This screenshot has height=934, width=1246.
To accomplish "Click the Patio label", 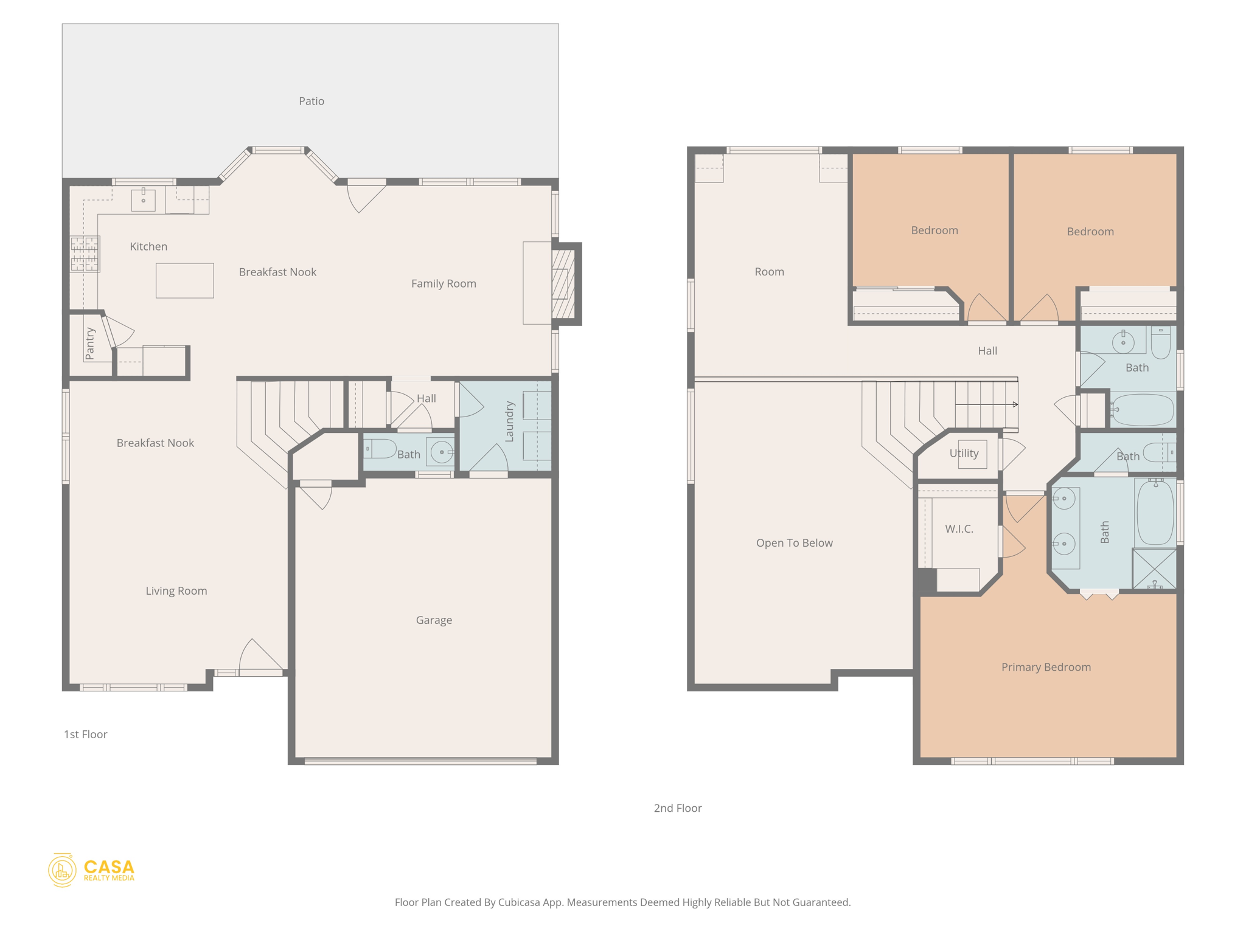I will tap(311, 101).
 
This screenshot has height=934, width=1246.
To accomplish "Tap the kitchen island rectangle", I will tap(184, 280).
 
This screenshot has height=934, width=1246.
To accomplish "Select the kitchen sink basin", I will tap(144, 200).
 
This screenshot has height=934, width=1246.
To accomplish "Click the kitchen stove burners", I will tap(85, 254).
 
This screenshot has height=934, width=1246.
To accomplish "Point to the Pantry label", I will tap(90, 343).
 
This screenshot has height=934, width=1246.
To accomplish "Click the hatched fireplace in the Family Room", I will tap(563, 283).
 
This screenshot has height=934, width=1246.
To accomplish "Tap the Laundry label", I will tap(509, 421).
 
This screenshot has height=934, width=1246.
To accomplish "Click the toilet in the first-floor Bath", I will tap(380, 449).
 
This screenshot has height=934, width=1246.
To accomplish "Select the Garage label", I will tap(434, 620).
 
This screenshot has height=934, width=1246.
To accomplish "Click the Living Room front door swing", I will tap(260, 657).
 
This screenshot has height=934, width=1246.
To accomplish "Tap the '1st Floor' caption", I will tap(85, 734).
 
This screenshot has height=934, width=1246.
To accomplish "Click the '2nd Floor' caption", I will tap(677, 808).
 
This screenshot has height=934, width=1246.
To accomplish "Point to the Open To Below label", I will tap(794, 542).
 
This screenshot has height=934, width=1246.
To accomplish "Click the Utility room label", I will tap(964, 453).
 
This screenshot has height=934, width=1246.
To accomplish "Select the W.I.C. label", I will tap(959, 528).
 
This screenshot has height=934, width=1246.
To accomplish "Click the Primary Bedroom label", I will tap(1046, 666).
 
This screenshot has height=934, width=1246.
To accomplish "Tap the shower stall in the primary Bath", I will tap(1154, 569).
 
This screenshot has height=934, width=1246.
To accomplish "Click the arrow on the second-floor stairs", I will tap(1014, 404).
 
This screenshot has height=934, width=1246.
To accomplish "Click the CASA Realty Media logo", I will tap(91, 870).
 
